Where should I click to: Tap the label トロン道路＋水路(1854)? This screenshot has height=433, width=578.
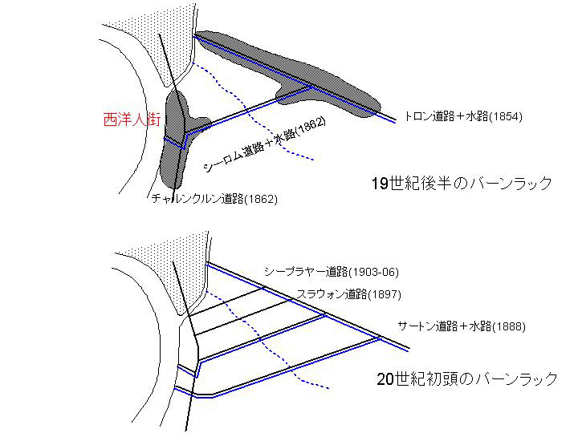tap(463, 116)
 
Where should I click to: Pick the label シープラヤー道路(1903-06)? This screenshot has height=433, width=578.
tap(331, 272)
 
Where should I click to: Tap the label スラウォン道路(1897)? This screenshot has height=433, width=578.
tap(344, 294)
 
